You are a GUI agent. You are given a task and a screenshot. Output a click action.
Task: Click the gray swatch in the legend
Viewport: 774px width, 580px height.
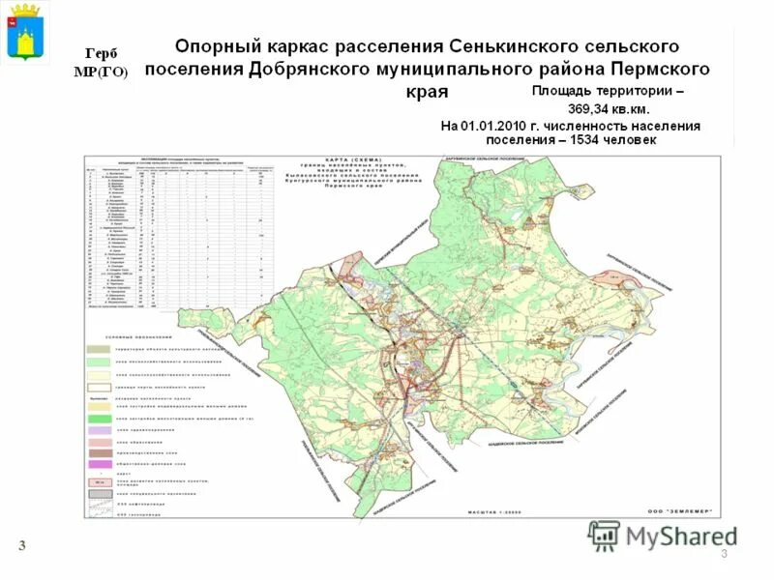pyautogui.click(x=98, y=493)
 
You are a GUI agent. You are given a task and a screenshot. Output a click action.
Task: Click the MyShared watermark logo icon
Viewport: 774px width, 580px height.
pyautogui.click(x=604, y=535)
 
